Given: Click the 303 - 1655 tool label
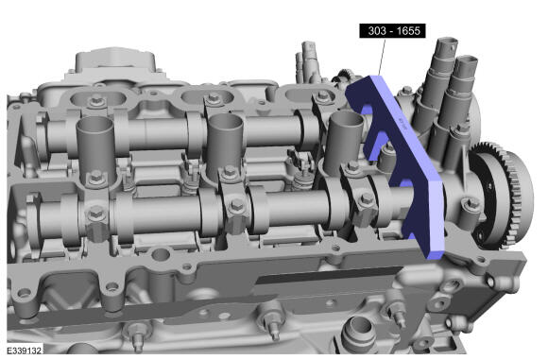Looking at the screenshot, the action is pos(392,31).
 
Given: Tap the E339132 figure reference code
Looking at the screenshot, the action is pos(25,351).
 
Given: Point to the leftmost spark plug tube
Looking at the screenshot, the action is pos(95,150).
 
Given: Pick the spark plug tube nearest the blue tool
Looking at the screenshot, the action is pos(343,140).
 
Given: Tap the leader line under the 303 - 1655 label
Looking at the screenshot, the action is pos(382,57).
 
